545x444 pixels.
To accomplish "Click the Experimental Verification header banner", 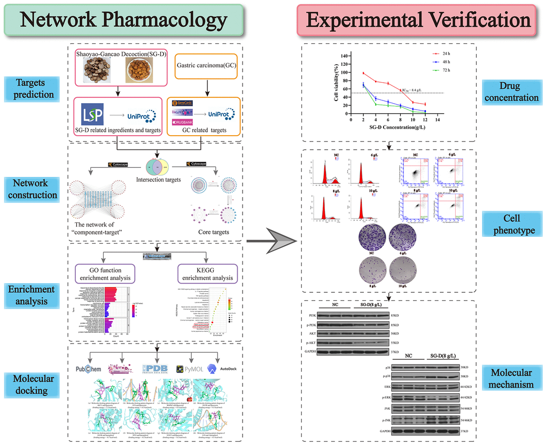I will coord(418,21).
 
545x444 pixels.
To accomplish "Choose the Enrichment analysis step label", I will coord(31,295).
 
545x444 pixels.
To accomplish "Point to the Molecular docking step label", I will coord(31,384).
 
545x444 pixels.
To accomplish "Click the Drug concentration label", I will coord(511,91).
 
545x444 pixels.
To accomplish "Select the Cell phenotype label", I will coord(511,224).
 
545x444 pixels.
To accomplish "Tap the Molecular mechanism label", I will coord(511,378).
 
